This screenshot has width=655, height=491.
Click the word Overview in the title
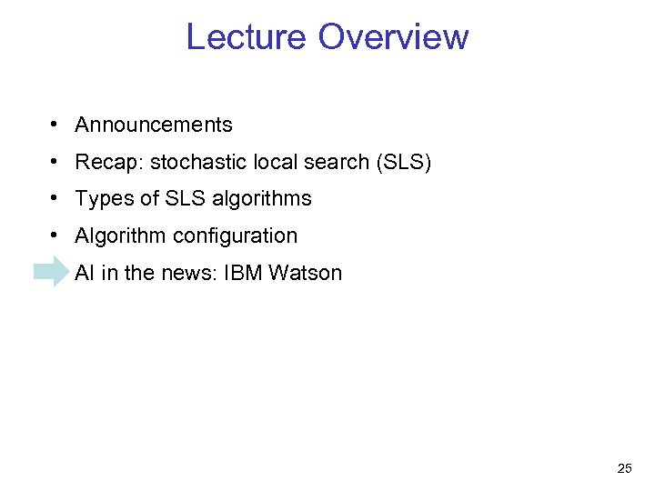pos(393,37)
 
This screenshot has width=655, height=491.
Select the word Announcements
pos(154,125)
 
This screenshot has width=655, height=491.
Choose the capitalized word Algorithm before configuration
pos(121,236)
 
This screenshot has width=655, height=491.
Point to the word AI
pos(85,273)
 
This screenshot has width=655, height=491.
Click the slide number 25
pos(624,469)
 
